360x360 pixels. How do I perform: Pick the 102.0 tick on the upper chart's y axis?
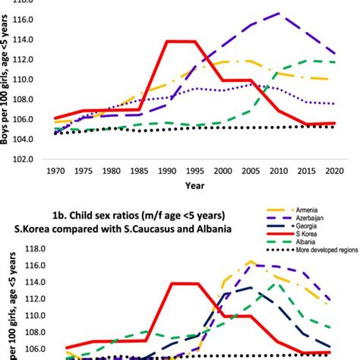[x=21, y=159]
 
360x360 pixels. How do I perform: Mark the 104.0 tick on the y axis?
[x=21, y=140]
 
